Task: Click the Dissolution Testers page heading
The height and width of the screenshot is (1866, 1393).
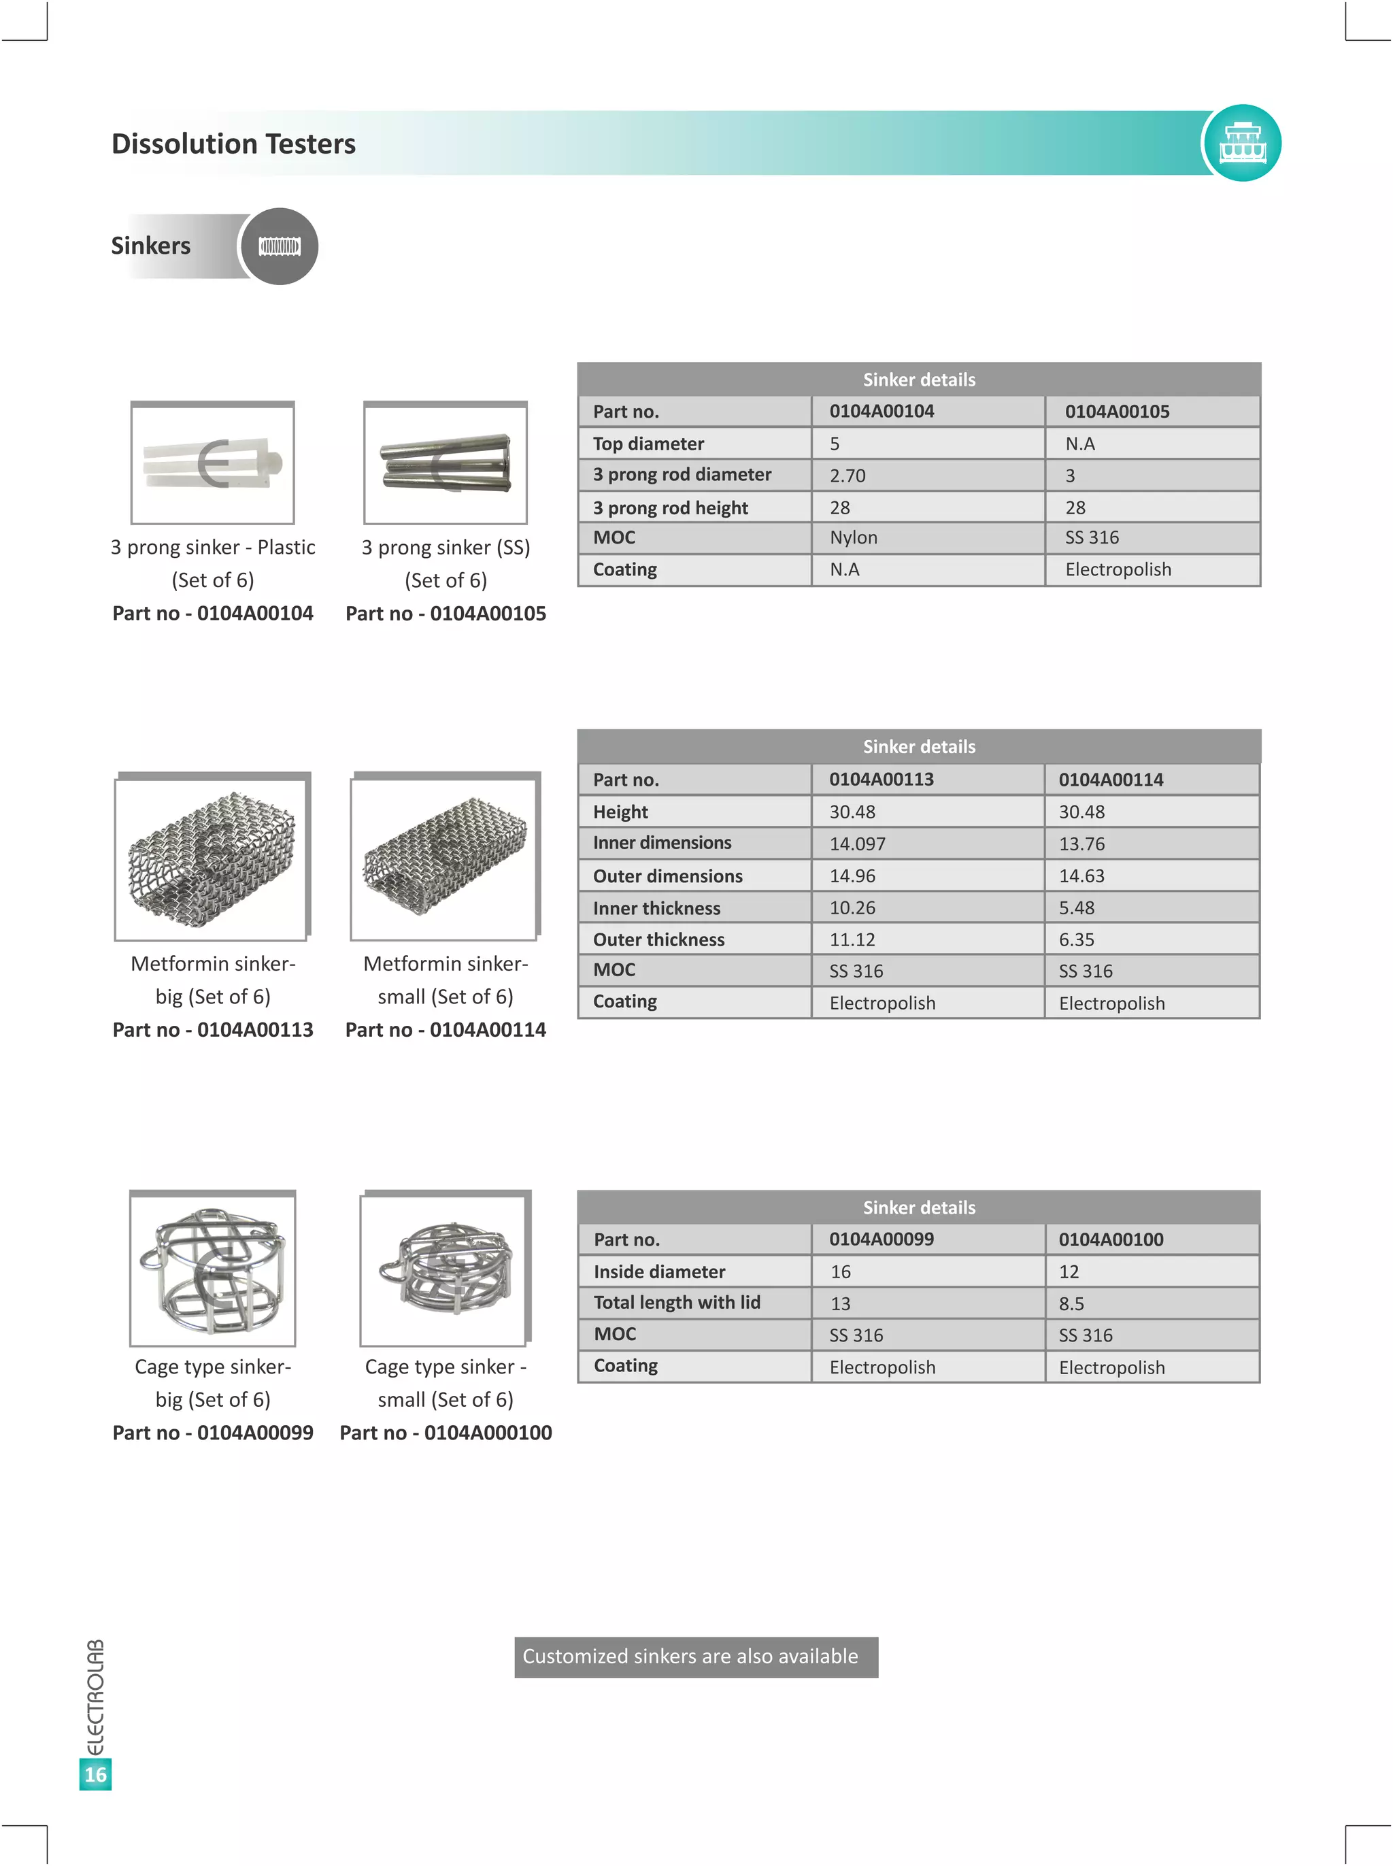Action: pos(233,144)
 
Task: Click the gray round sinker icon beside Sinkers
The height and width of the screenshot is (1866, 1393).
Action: pos(279,246)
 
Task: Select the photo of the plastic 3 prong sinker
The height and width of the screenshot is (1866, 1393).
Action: pos(212,463)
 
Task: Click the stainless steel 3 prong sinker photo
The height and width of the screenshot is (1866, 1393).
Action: pos(446,463)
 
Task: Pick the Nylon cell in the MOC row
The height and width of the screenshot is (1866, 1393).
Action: pos(854,537)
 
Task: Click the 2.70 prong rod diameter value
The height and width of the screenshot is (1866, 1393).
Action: pos(847,476)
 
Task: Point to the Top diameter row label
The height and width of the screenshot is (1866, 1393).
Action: pos(648,444)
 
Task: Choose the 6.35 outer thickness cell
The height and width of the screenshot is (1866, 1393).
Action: pos(1076,939)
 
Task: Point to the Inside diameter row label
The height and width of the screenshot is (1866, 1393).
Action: pos(658,1271)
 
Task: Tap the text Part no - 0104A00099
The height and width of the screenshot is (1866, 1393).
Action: pos(212,1433)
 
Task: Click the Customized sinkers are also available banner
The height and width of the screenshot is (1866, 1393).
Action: pos(696,1657)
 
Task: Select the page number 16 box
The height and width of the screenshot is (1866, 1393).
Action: pos(95,1775)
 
